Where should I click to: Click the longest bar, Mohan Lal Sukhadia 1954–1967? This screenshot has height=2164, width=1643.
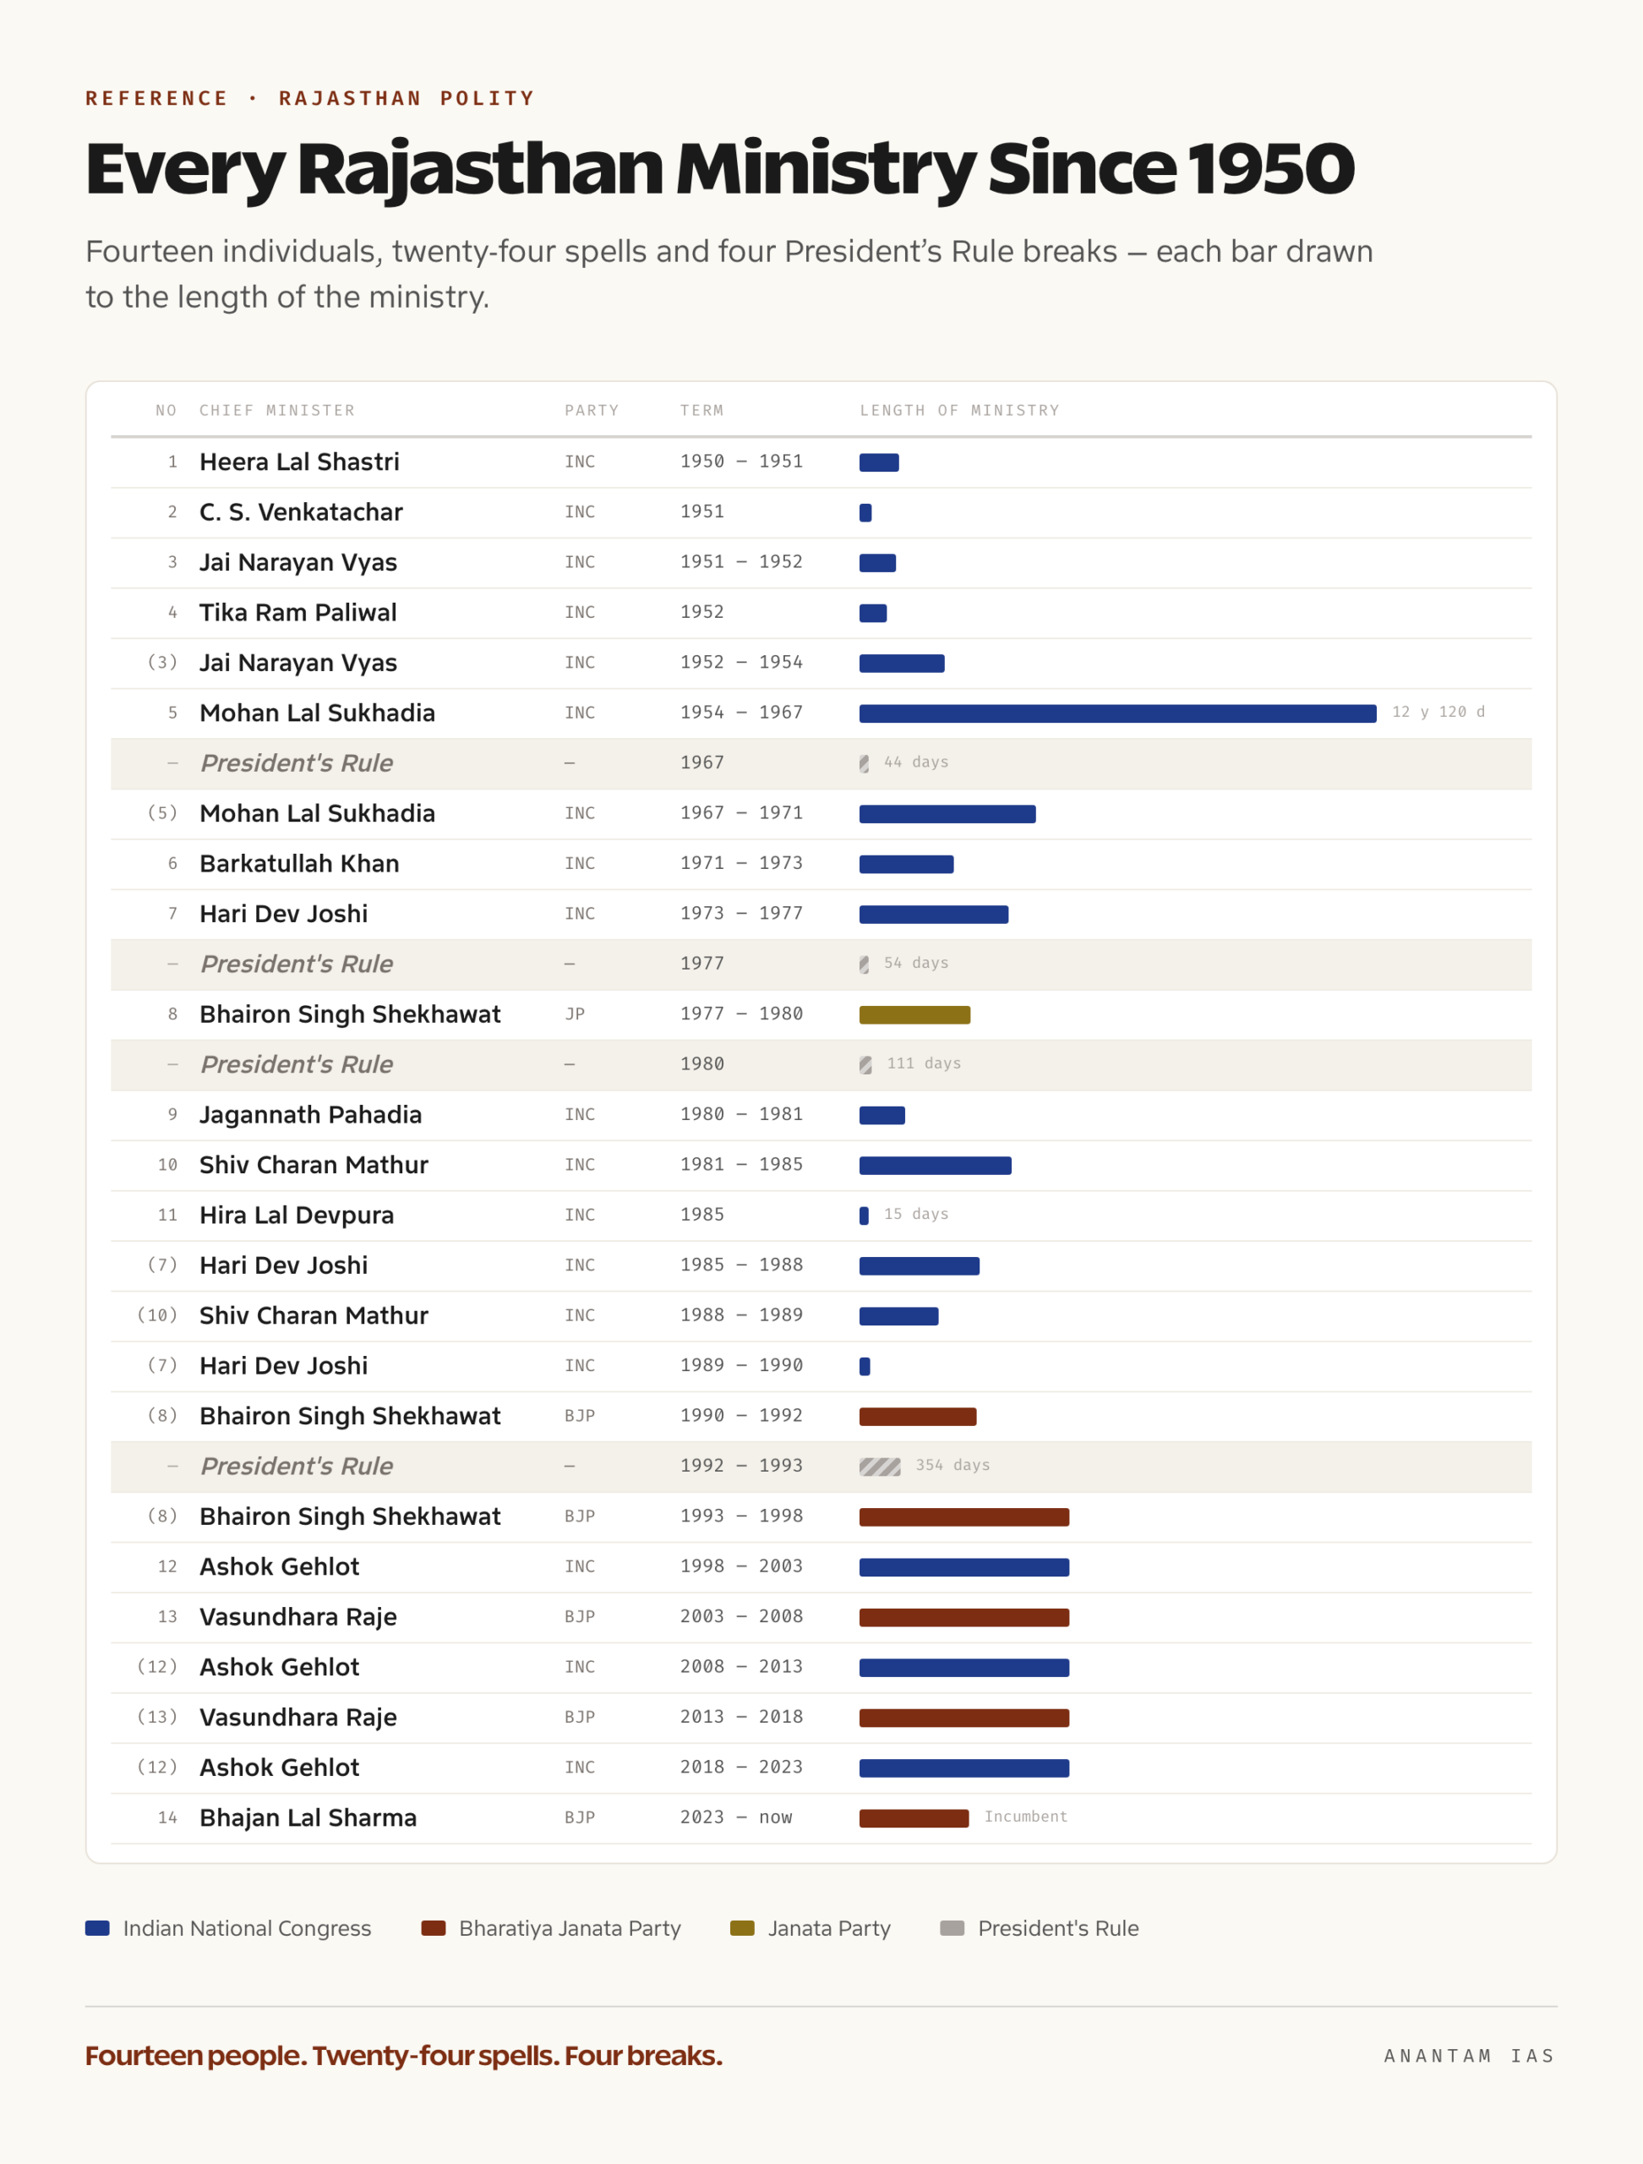pos(1118,713)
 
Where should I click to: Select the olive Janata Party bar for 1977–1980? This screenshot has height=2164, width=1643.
pos(914,1014)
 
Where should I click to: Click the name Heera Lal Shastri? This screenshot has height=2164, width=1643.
pos(299,462)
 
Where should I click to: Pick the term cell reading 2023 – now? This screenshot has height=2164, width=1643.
pos(736,1817)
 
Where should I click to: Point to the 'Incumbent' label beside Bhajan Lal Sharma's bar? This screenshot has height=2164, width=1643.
pos(1026,1816)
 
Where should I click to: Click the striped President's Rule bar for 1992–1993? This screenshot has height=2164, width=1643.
pos(880,1467)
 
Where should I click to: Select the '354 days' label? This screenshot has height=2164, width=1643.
pos(953,1465)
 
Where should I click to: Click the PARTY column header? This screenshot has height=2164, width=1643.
pos(592,410)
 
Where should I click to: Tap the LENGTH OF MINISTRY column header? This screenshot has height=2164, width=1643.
pos(959,410)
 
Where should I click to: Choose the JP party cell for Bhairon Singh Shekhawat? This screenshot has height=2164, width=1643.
pos(575,1014)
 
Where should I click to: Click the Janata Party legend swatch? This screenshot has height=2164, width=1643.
pos(742,1928)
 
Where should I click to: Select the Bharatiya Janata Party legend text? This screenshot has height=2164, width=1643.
pos(570,1928)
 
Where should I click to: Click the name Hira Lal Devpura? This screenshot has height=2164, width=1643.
pos(297,1215)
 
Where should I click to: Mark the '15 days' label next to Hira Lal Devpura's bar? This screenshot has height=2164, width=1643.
pos(916,1213)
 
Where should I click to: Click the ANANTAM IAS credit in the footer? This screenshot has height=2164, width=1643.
pos(1469,2056)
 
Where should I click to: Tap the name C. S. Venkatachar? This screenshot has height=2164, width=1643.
pos(301,511)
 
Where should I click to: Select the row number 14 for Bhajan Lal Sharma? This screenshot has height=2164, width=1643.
pos(167,1817)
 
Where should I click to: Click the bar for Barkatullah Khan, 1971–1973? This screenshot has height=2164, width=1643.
pos(907,864)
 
